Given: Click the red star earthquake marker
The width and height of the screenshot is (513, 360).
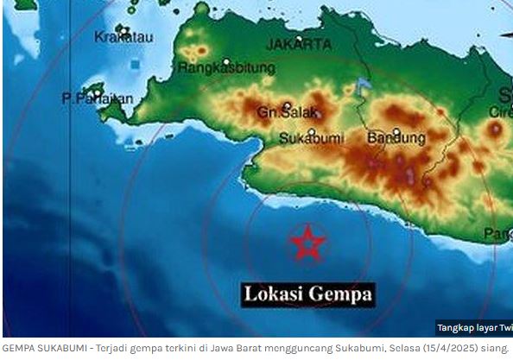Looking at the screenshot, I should (x=306, y=243).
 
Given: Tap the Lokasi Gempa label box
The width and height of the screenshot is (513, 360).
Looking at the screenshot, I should (x=308, y=294).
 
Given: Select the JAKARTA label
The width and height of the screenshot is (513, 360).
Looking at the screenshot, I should (x=299, y=43).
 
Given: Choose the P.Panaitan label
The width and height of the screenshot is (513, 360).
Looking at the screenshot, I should (x=97, y=99).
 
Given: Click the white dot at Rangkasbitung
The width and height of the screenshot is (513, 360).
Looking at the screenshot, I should (x=226, y=62).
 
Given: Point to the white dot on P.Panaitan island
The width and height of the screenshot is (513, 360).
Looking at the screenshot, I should (x=97, y=92).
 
